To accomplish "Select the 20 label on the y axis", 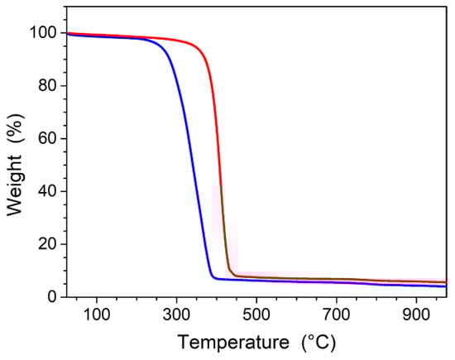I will pyautogui.click(x=46, y=244).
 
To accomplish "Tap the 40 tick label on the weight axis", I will pyautogui.click(x=46, y=191).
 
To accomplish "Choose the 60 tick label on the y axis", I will pyautogui.click(x=46, y=138).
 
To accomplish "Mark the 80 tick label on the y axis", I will pyautogui.click(x=46, y=86).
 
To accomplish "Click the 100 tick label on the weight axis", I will pyautogui.click(x=42, y=33).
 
